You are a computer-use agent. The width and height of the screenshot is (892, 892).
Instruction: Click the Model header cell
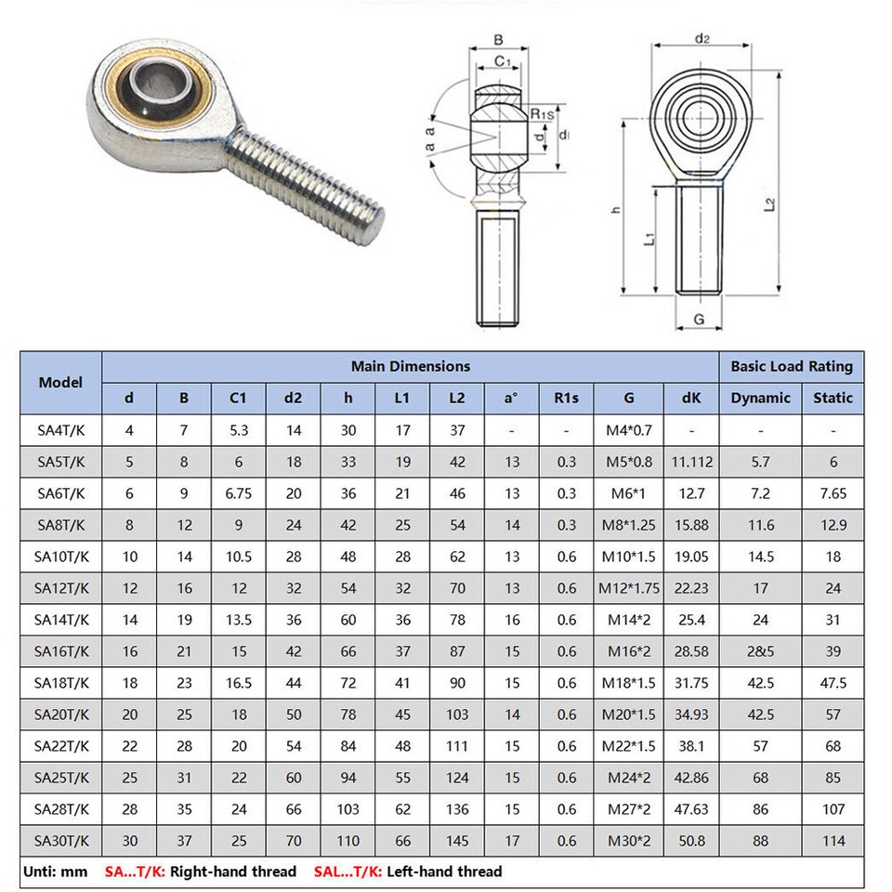point(60,382)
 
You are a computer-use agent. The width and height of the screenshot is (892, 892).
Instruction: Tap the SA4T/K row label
point(60,430)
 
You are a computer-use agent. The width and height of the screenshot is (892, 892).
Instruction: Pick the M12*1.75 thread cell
point(629,588)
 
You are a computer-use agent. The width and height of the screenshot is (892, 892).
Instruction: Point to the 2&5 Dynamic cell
point(761,651)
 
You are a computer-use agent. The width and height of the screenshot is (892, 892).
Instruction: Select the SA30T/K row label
point(60,841)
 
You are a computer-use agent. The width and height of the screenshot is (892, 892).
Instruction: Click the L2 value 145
point(457,841)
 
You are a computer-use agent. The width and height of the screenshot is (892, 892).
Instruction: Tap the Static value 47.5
point(833,683)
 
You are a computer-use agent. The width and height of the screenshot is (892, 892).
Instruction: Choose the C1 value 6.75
point(239,493)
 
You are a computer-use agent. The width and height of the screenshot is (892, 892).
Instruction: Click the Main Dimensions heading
point(410,366)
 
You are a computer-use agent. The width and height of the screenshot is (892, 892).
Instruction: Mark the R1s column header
point(566,398)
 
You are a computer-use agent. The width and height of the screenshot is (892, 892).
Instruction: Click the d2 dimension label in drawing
point(702,38)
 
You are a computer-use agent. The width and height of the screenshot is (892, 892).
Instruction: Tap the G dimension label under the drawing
point(699,321)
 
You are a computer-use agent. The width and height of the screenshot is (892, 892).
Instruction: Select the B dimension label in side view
point(498,40)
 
